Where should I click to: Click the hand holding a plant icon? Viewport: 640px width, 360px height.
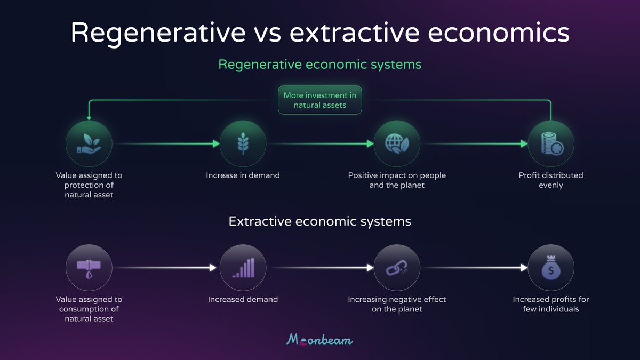[x=89, y=143]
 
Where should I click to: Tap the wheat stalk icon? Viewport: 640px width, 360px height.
[x=243, y=143]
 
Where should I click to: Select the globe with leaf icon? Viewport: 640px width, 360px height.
[x=397, y=143]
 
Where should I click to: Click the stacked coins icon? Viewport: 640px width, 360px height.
[x=551, y=143]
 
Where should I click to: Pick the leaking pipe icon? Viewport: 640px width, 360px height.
[x=89, y=268]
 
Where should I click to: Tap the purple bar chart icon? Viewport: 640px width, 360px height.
[x=243, y=268]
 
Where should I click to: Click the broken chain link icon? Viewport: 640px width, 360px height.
[x=397, y=268]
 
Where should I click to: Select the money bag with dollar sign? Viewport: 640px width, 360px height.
[x=551, y=268]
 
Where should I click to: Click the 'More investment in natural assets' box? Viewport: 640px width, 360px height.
[x=320, y=100]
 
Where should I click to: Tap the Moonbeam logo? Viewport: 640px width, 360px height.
[x=320, y=339]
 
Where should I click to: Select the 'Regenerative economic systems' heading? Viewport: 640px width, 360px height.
[x=320, y=65]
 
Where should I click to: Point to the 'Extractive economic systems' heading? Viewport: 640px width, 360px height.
[x=320, y=221]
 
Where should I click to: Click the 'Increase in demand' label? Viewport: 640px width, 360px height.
[x=243, y=175]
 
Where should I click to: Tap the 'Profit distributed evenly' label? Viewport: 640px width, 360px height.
[x=551, y=180]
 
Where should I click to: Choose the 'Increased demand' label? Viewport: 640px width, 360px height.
[x=243, y=300]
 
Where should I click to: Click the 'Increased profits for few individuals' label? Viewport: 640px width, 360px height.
[x=551, y=304]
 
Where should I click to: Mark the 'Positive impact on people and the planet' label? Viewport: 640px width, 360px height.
[x=397, y=180]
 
